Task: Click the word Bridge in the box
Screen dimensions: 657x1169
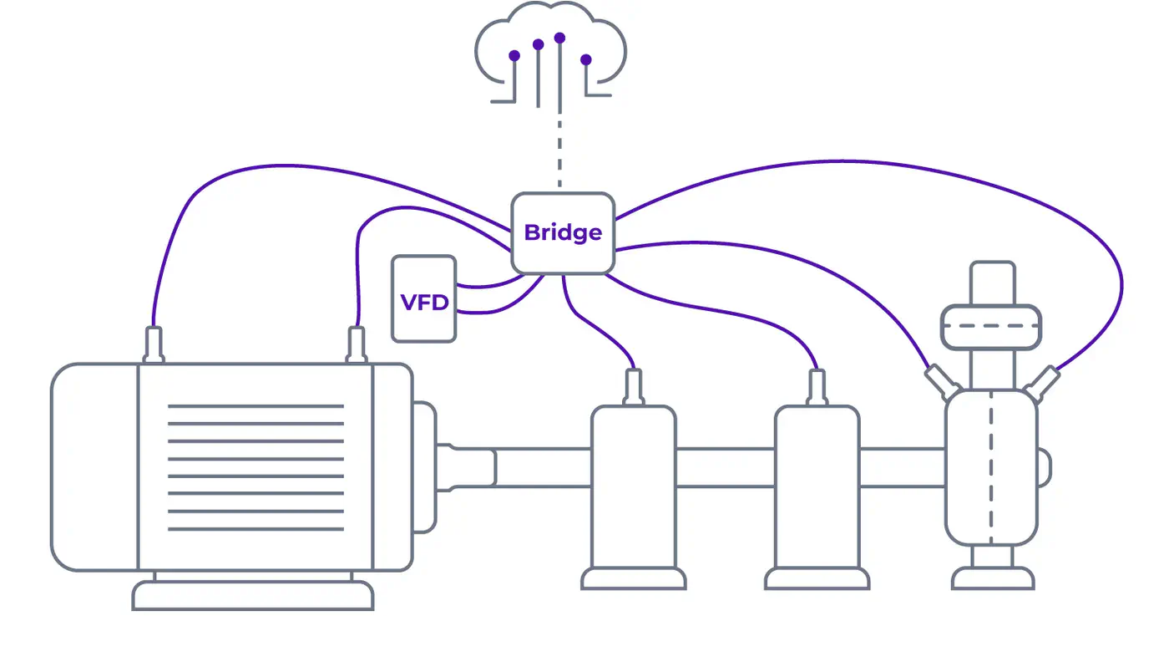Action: point(562,232)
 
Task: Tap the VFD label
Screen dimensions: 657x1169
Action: point(424,301)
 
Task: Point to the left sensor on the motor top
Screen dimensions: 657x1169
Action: point(154,344)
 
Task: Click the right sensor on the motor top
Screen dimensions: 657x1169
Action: point(357,344)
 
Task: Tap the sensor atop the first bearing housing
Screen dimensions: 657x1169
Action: point(633,387)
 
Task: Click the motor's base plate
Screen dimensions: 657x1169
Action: point(253,595)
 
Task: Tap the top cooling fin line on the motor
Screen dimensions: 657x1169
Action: point(256,406)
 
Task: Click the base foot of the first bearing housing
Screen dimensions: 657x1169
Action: point(633,578)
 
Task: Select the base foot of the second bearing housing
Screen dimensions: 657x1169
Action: point(817,578)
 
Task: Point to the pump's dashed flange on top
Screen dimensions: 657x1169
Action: point(991,326)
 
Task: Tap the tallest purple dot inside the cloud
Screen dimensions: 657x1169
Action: point(559,38)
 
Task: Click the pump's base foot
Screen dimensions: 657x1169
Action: point(994,578)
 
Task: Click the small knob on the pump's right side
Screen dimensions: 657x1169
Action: point(1044,466)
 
